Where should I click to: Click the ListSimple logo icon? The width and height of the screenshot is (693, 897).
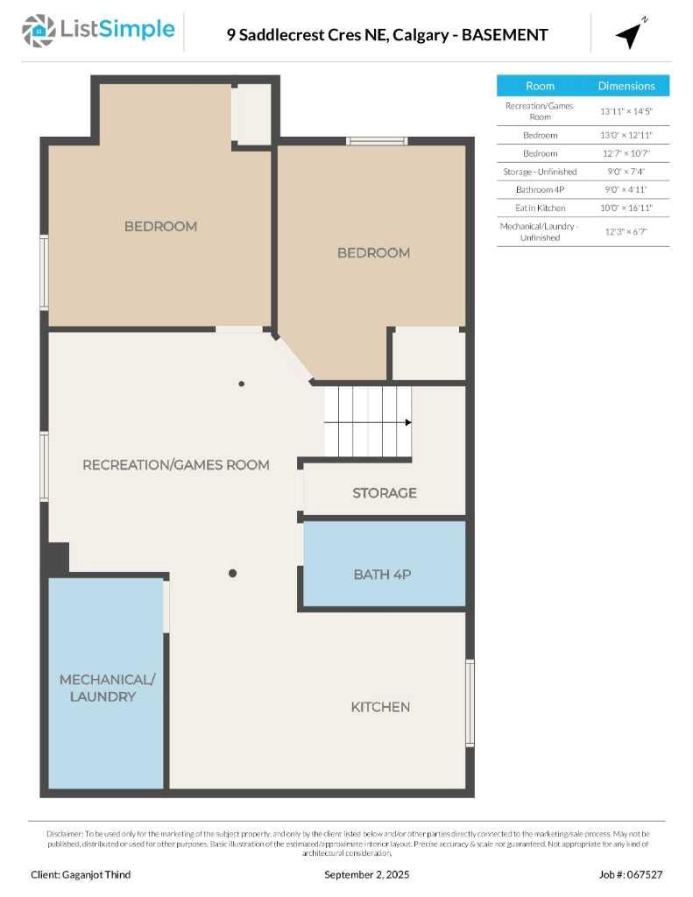coord(39,31)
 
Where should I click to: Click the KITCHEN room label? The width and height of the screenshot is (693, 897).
coord(380,707)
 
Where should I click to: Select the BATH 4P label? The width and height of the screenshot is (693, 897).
coord(382,575)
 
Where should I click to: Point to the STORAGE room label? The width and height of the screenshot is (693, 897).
coord(384,493)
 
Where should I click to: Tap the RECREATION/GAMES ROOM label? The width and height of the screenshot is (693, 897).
coord(175,464)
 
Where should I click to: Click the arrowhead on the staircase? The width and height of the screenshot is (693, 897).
coord(407,422)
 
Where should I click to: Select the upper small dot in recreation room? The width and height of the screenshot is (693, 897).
coord(242,384)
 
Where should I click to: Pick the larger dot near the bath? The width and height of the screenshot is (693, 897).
coord(232,574)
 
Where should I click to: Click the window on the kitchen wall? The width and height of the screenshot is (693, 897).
coord(470,703)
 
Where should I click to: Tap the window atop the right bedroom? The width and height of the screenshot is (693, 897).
coord(376,141)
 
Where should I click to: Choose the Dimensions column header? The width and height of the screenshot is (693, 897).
coord(626,86)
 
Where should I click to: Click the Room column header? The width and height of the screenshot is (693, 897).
coord(540,86)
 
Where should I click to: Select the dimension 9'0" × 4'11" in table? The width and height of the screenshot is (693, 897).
coord(626,189)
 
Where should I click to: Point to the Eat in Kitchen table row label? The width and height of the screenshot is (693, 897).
coord(540,208)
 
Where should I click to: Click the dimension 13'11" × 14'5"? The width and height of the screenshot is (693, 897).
coord(626,111)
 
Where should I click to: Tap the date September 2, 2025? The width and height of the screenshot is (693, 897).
coord(366,874)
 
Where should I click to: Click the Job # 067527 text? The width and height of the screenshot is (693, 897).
coord(631,874)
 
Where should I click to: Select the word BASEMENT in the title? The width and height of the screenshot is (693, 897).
coord(505,35)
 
